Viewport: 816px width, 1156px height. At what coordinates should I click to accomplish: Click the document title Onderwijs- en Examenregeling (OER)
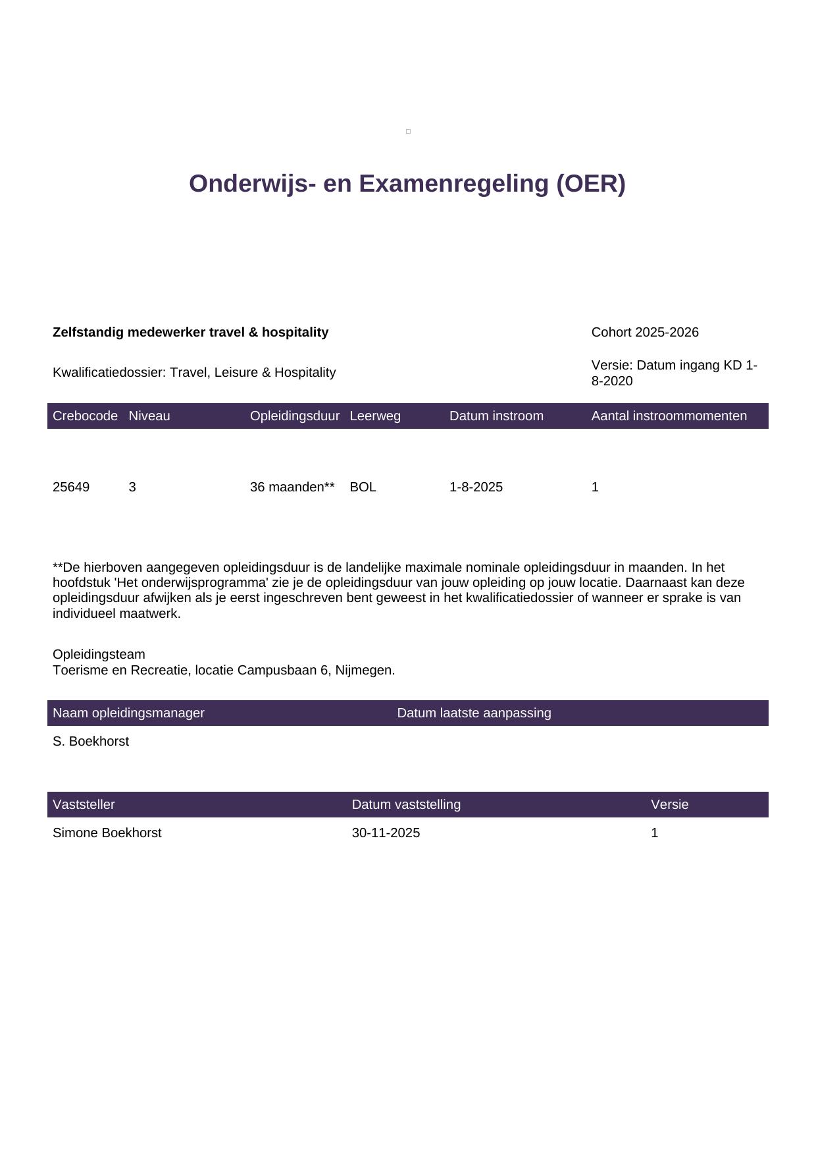(x=407, y=184)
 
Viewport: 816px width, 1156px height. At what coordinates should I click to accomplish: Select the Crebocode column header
(x=85, y=416)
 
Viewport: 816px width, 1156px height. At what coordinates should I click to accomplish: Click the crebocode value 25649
(x=71, y=487)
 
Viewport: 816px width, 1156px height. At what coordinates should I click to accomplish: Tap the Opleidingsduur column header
(x=294, y=416)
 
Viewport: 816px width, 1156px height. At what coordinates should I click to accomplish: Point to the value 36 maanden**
(x=292, y=487)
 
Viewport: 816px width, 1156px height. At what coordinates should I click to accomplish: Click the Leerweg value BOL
(x=363, y=487)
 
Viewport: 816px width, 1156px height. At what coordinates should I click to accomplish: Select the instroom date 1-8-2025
(x=476, y=487)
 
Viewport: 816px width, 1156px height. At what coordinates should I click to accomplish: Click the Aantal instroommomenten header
(x=669, y=416)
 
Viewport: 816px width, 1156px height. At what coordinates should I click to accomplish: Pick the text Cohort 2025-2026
(x=644, y=333)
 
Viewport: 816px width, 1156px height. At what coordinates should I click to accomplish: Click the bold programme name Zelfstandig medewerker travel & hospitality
(x=190, y=333)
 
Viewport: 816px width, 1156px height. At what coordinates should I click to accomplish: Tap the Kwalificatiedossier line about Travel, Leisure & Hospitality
(x=194, y=373)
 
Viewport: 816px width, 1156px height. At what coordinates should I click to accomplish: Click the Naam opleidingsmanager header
(x=128, y=713)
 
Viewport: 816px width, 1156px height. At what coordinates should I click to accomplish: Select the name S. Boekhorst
(x=91, y=742)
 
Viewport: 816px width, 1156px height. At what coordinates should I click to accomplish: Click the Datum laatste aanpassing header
(x=474, y=713)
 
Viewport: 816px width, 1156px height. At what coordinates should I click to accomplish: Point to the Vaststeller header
(x=84, y=805)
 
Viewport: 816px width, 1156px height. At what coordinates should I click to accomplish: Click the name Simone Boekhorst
(x=107, y=833)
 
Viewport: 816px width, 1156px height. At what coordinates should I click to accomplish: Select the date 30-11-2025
(x=386, y=833)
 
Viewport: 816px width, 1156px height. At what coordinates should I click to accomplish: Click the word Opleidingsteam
(x=99, y=655)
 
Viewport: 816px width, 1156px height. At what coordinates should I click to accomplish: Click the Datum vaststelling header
(x=406, y=805)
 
